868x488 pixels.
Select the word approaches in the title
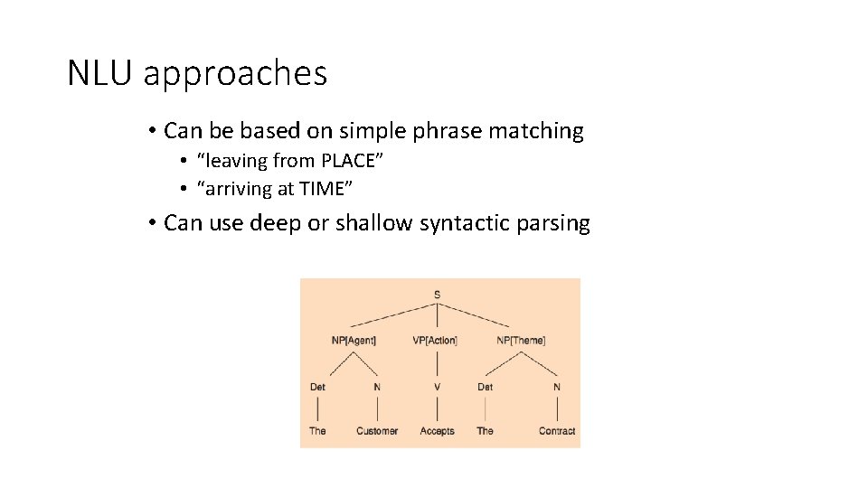(235, 75)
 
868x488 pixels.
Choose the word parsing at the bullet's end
(553, 223)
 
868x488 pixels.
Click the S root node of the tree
(438, 294)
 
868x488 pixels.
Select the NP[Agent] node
(354, 341)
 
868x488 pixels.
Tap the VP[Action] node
(435, 341)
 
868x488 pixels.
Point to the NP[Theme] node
(521, 341)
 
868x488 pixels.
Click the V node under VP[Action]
(438, 387)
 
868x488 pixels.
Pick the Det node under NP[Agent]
(317, 387)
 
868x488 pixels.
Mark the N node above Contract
(557, 387)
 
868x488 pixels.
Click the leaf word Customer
(377, 431)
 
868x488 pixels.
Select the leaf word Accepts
(438, 431)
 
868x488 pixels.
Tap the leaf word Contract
(557, 431)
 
